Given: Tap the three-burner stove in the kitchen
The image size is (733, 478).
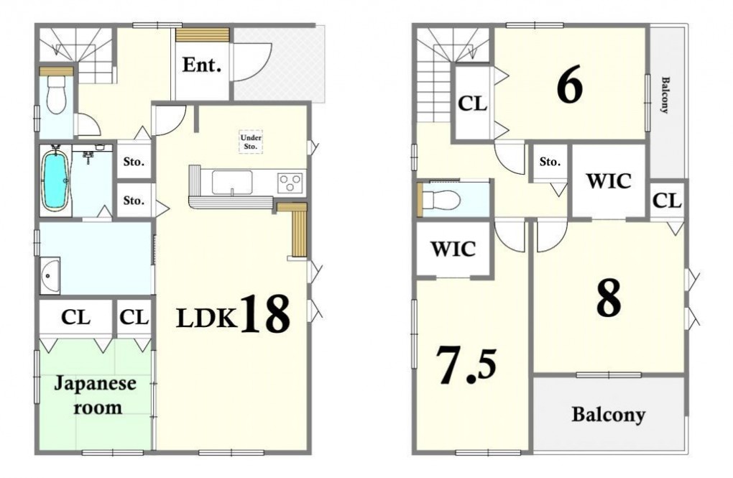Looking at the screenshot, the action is coord(290,182).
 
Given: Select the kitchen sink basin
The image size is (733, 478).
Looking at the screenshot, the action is coord(232,182).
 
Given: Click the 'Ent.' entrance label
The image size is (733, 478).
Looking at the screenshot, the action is coord(201,65).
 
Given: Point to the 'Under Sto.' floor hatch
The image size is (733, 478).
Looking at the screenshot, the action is coord(251,142).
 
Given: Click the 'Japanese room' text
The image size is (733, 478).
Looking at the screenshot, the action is coord(96,395).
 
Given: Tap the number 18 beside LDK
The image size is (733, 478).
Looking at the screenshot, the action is coord(264,313).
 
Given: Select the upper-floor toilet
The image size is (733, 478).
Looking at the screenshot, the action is coord(442,200).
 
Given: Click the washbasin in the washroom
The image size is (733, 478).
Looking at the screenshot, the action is coord(50,276).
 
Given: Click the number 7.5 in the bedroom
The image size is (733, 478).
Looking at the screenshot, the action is coord(466,365).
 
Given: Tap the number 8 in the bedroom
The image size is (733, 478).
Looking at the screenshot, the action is coord(609,298).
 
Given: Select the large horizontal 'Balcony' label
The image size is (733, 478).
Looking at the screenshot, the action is coord(608,415).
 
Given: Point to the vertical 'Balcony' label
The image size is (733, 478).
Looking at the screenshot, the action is coord(664,95).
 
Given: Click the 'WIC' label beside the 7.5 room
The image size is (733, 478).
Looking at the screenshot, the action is coord(453,249).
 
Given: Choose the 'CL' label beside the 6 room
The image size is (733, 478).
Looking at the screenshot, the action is coord(472,104).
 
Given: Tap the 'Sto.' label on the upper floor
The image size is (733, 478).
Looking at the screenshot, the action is coord(550,162).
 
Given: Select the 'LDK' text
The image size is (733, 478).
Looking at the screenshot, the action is coord(206,319).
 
